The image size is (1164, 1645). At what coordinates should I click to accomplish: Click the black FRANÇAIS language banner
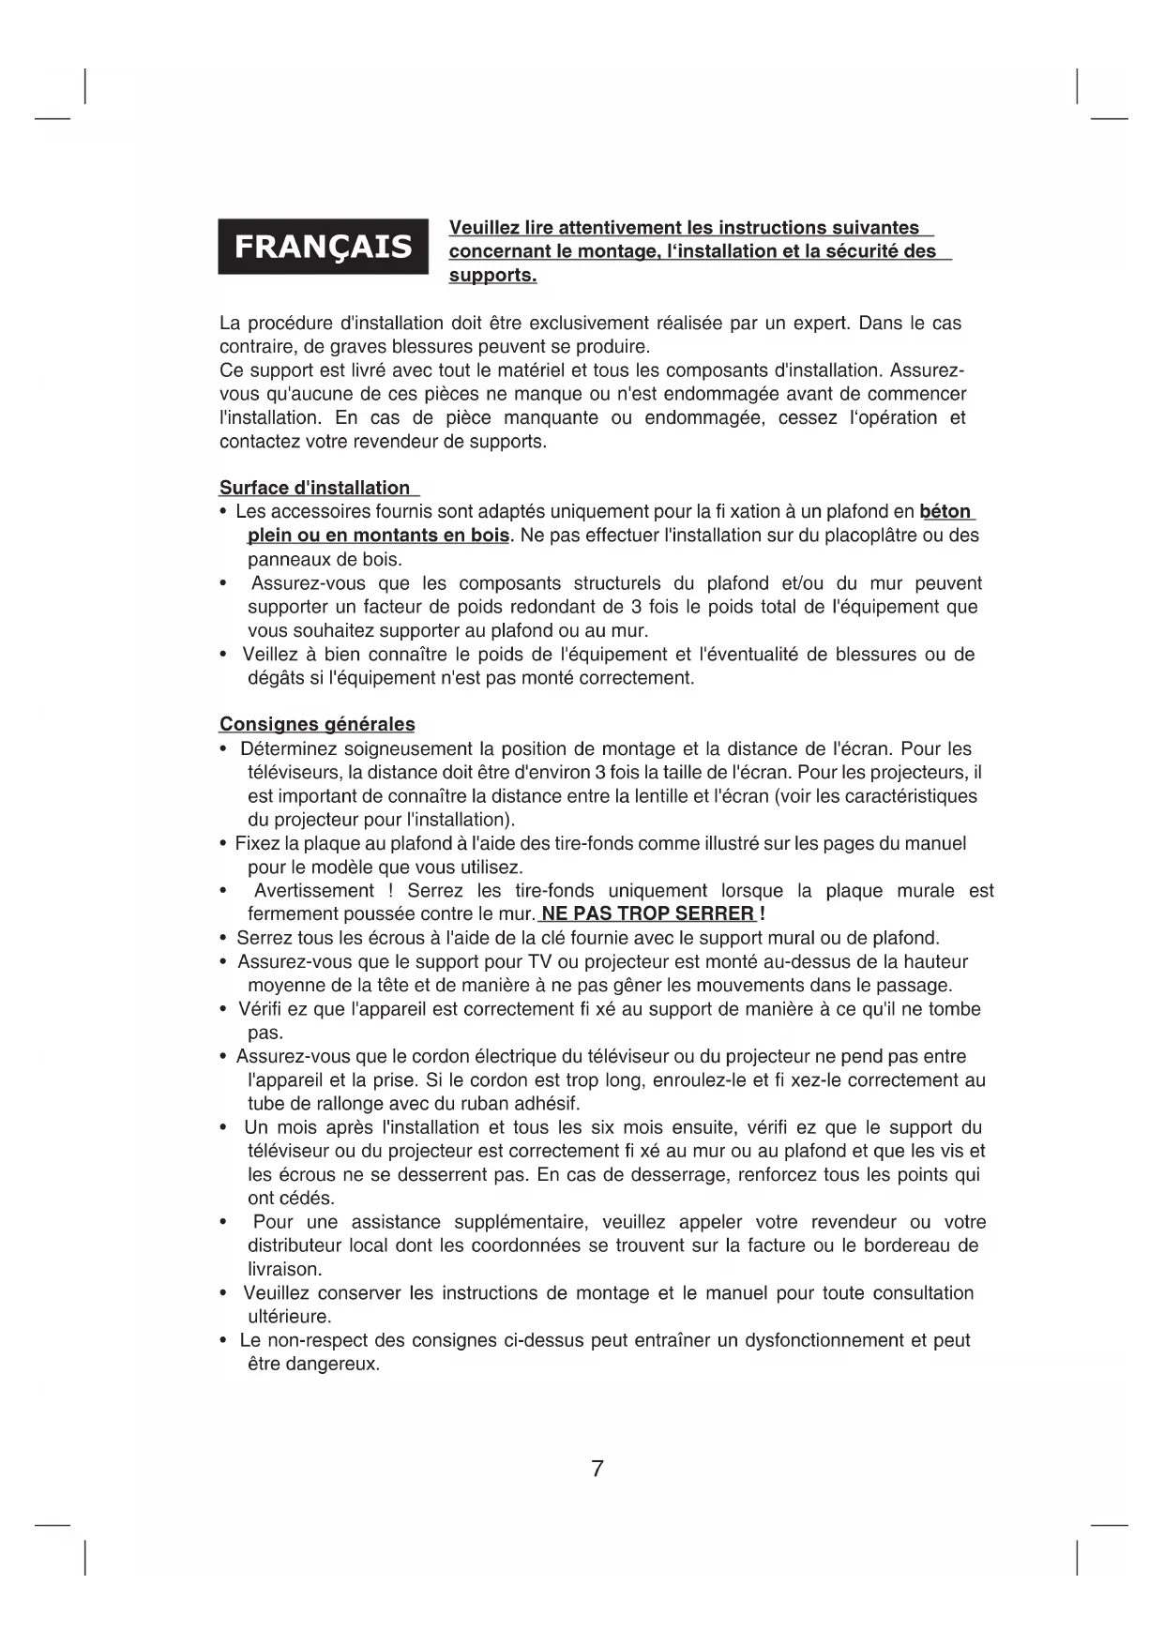click(323, 247)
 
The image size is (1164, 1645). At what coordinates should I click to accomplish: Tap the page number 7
click(597, 1469)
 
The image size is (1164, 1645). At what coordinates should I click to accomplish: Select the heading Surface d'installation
click(315, 488)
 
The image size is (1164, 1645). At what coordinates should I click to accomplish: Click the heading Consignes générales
click(317, 724)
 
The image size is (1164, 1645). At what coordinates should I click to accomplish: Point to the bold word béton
click(945, 512)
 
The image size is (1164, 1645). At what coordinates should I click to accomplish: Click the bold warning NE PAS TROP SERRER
click(648, 914)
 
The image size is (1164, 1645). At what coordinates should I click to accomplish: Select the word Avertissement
click(314, 891)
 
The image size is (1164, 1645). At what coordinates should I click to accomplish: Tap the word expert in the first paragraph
click(821, 324)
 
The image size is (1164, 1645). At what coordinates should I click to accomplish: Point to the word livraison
click(284, 1270)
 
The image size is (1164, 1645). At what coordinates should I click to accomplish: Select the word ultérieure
click(289, 1317)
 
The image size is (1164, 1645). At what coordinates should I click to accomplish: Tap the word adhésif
click(548, 1104)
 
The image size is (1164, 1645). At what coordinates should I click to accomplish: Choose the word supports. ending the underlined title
click(492, 276)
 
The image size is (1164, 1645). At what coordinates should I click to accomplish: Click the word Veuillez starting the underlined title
click(485, 228)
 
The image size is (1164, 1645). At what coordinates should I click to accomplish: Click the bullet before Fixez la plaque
click(223, 844)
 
